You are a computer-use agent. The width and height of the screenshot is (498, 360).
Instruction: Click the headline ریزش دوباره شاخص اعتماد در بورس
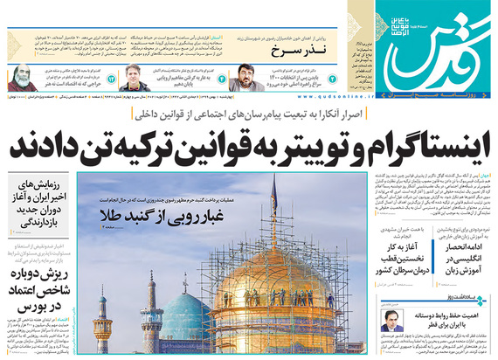tap(35, 294)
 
